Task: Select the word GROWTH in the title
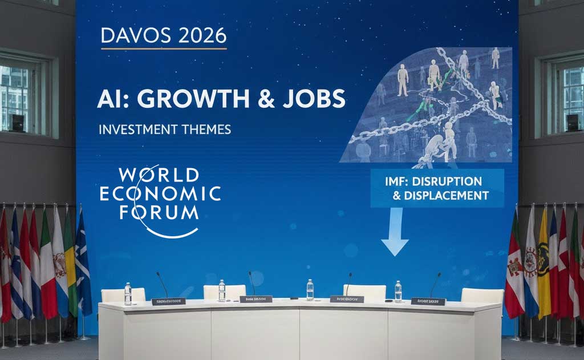188,99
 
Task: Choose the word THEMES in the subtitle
207,130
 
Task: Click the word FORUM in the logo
159,213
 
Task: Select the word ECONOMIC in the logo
160,194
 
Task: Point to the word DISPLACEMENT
445,196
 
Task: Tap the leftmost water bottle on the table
128,294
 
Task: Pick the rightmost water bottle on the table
398,291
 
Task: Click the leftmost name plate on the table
168,301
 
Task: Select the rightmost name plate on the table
428,301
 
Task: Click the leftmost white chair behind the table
123,294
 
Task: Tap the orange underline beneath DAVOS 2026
164,48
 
